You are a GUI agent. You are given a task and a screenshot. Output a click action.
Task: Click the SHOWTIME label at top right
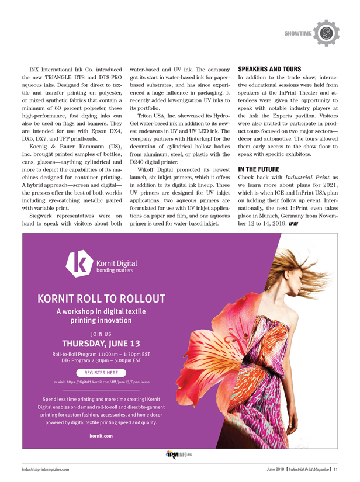tap(298, 34)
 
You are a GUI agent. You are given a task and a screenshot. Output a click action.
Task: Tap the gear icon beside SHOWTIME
tap(326, 33)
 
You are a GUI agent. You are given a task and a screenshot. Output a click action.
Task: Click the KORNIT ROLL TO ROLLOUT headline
tap(101, 299)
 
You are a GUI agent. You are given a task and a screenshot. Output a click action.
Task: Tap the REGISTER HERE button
tap(101, 372)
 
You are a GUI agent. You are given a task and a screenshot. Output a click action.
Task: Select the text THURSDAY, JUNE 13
tap(101, 343)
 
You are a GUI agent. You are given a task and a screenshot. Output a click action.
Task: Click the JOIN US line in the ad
tap(101, 333)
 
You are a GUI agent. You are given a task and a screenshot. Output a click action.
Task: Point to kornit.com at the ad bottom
tap(101, 436)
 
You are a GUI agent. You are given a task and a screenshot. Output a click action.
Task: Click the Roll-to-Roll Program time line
tap(101, 355)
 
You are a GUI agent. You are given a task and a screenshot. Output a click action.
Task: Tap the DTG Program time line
tap(101, 361)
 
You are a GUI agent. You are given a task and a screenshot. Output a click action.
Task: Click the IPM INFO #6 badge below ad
tap(179, 455)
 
